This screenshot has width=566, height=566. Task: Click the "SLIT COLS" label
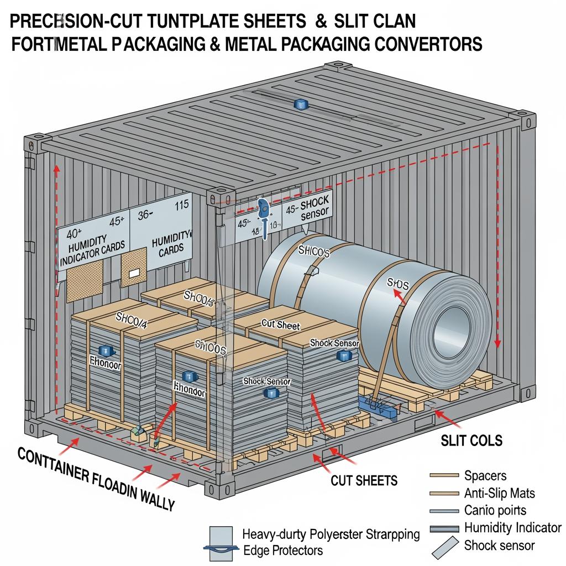point(471,441)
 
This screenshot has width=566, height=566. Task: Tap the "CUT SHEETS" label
point(364,480)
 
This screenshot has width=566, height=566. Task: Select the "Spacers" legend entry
point(485,475)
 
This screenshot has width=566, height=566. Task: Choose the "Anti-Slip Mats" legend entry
point(500,493)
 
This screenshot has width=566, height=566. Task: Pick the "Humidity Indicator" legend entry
point(513,527)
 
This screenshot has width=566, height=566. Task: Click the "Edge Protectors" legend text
point(283,551)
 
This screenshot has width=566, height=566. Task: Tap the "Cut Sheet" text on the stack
point(280,325)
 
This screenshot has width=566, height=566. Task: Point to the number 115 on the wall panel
point(181,205)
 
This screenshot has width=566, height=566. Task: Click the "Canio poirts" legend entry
point(495,510)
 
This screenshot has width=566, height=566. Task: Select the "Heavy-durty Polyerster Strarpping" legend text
point(331,534)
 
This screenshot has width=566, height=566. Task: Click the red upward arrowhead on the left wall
point(55,167)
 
